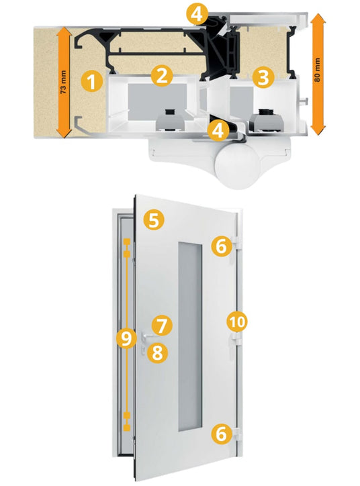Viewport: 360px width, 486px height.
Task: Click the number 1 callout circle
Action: click(91, 82)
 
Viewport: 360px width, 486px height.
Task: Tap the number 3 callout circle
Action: click(263, 77)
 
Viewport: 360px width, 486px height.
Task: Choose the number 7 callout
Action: click(162, 326)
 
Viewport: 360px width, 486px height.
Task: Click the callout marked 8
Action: click(157, 352)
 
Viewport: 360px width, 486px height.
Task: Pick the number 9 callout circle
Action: click(126, 339)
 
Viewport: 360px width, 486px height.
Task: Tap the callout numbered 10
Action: click(237, 322)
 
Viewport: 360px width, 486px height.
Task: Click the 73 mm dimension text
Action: click(63, 83)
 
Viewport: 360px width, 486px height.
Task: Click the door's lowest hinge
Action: click(236, 436)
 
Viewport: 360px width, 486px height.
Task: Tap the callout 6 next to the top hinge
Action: click(222, 246)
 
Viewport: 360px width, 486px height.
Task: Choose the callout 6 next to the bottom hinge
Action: click(222, 434)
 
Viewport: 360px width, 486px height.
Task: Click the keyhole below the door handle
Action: click(143, 350)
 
